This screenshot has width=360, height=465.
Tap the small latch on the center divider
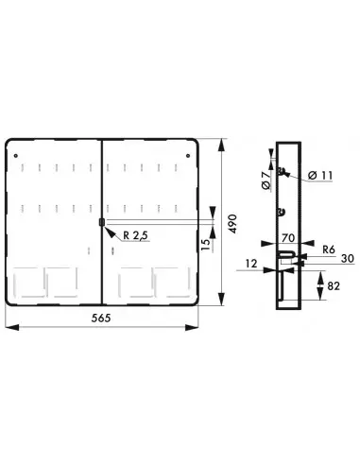100,223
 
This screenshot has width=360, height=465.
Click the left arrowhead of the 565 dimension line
9,328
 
